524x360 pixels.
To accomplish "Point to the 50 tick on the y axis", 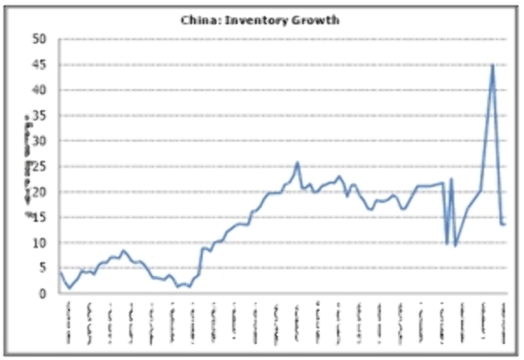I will click(x=39, y=39).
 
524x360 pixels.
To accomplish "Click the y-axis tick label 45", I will click(x=39, y=65).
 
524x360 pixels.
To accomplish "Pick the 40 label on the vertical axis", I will click(x=39, y=90).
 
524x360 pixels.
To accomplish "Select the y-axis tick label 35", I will click(x=39, y=115).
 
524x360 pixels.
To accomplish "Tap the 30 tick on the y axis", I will click(x=39, y=141).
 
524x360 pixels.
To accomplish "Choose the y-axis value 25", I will click(x=39, y=167).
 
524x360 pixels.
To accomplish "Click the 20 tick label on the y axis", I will click(x=39, y=192).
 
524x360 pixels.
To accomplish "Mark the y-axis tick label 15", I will click(x=39, y=218).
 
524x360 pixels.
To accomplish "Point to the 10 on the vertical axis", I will click(x=39, y=243).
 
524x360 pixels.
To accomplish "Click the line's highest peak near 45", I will click(x=493, y=65).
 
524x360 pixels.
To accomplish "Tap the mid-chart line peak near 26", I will click(x=298, y=163).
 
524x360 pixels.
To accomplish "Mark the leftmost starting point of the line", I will click(x=60, y=273).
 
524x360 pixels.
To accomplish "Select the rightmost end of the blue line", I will click(x=505, y=225).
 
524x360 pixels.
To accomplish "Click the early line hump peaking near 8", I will click(x=123, y=251).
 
